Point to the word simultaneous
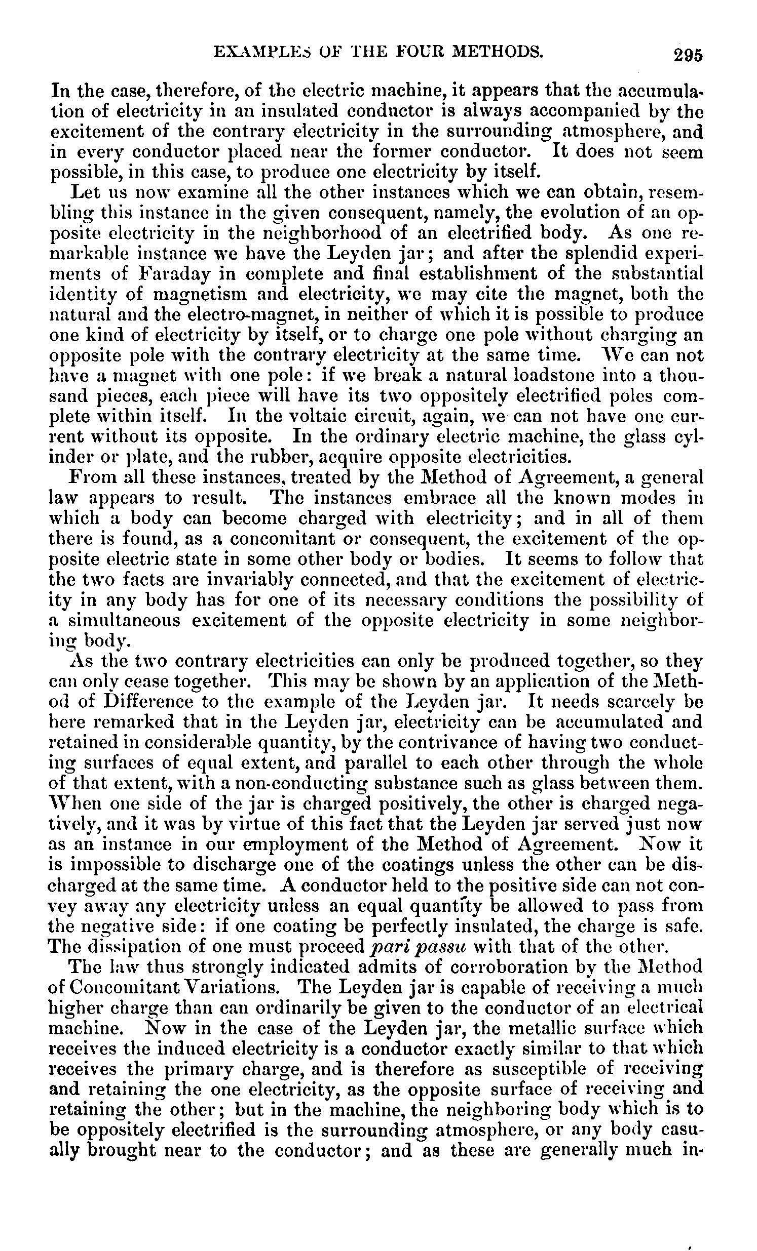point(125,620)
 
